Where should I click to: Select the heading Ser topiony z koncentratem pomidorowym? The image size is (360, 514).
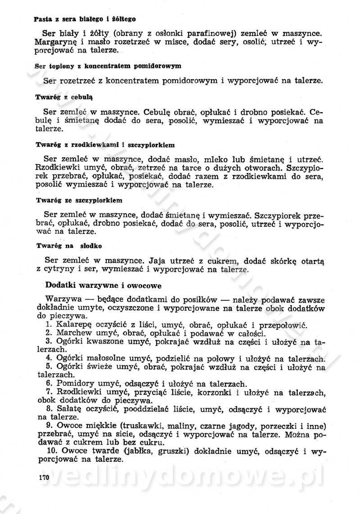point(108,66)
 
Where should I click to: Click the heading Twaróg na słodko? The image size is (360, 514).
point(68,246)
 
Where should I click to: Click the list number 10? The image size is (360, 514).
point(51,451)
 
